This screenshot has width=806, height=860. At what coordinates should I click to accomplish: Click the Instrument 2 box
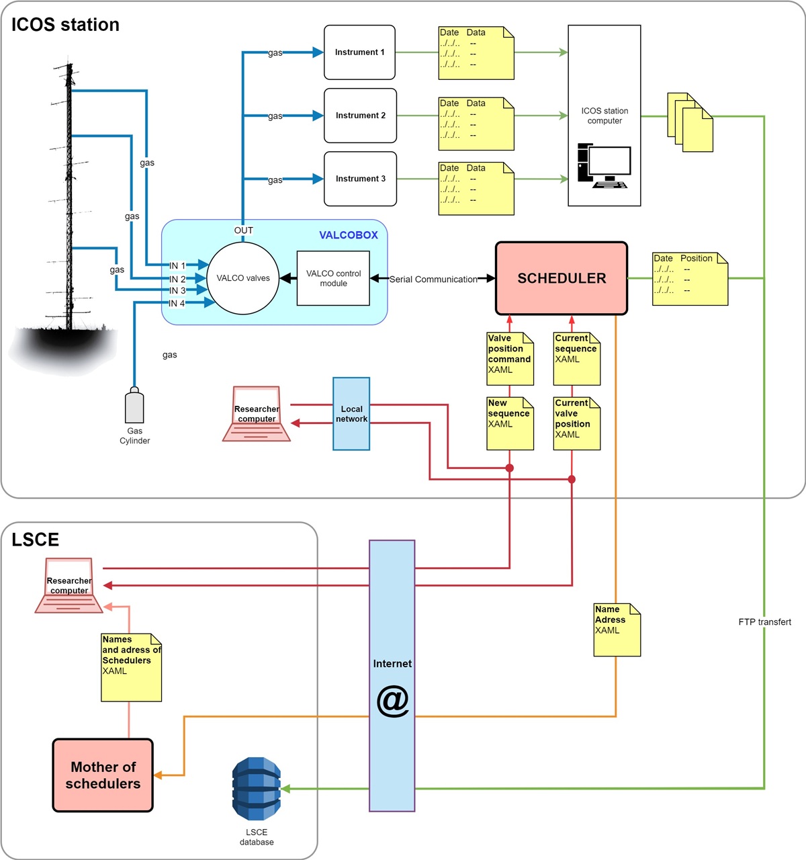[360, 116]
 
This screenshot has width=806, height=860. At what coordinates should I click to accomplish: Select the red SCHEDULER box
[562, 278]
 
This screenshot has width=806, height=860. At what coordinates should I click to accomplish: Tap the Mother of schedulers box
[103, 775]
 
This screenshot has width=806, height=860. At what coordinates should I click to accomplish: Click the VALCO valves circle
[243, 278]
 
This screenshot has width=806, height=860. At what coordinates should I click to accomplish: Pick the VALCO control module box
[333, 278]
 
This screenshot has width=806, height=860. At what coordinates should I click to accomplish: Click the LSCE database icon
[257, 789]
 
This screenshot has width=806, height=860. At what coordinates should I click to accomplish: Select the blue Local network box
[351, 414]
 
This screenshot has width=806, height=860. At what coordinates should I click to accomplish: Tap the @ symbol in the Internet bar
[392, 701]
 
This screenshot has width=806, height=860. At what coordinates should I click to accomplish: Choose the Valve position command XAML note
[510, 359]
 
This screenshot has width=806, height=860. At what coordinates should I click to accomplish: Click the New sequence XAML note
[510, 423]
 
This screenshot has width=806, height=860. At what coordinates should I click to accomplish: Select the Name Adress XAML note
[617, 630]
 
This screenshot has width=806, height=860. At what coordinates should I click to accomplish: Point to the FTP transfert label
[764, 622]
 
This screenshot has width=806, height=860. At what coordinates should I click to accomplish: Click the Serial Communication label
[433, 279]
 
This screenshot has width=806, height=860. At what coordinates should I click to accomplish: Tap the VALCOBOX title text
[348, 235]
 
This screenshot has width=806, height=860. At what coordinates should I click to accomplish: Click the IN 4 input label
[177, 304]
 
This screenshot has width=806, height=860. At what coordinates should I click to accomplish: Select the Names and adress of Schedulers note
[131, 667]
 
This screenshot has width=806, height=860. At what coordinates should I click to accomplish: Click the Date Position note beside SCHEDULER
[690, 279]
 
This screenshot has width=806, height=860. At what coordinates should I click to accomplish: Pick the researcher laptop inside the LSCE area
[69, 586]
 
